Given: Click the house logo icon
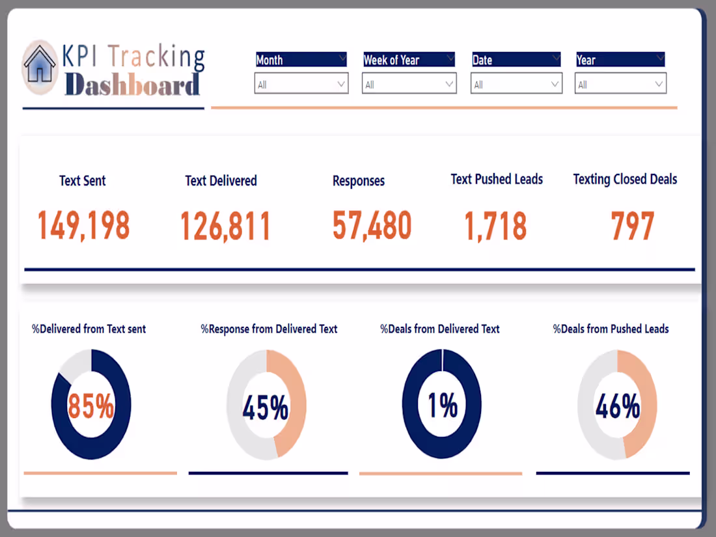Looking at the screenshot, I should (x=40, y=67).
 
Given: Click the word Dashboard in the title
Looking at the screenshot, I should (x=132, y=85).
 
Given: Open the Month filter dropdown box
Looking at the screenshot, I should (x=301, y=84).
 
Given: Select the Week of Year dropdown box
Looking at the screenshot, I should (x=409, y=84).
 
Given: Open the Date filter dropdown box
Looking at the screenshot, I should (x=516, y=84).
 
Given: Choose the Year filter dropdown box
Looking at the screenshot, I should (x=621, y=84).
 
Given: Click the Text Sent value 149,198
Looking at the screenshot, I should (x=83, y=226).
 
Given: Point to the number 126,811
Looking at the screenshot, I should (x=225, y=226).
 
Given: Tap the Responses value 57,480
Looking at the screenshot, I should (x=372, y=225).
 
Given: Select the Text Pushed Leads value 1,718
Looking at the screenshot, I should (x=495, y=226).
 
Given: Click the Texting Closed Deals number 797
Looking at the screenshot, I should (x=632, y=226).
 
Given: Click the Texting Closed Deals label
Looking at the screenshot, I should (x=625, y=180).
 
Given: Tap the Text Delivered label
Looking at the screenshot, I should (x=221, y=181).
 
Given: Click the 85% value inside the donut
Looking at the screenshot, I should (x=91, y=406).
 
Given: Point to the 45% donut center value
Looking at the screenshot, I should (x=266, y=407).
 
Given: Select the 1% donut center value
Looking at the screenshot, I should (x=442, y=406).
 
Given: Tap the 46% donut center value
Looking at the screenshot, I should (x=617, y=407).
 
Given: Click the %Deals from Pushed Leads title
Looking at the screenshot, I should (x=611, y=329).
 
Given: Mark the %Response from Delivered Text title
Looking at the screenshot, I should (x=269, y=329).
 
